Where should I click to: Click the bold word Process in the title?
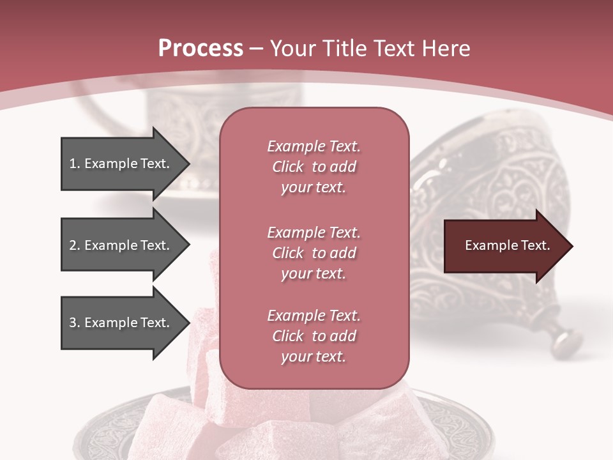pyautogui.click(x=201, y=48)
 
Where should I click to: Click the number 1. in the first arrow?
pyautogui.click(x=75, y=164)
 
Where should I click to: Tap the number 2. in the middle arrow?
pyautogui.click(x=75, y=245)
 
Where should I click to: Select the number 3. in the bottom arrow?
pyautogui.click(x=75, y=323)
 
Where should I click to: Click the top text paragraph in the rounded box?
pyautogui.click(x=314, y=167)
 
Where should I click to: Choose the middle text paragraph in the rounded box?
pyautogui.click(x=314, y=253)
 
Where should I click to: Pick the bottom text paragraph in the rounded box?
pyautogui.click(x=314, y=336)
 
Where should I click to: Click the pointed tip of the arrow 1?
pyautogui.click(x=188, y=164)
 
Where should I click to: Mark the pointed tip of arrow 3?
pyautogui.click(x=188, y=323)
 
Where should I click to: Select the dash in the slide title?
pyautogui.click(x=256, y=49)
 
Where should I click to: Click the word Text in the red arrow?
pyautogui.click(x=536, y=245)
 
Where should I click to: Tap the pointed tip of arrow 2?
pyautogui.click(x=188, y=245)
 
